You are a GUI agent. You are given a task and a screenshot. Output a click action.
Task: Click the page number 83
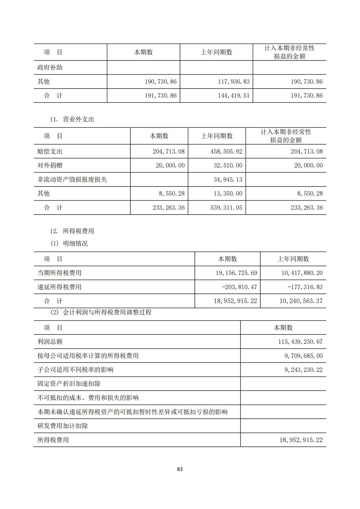click(x=180, y=469)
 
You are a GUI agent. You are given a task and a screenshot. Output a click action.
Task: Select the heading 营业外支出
click(x=78, y=120)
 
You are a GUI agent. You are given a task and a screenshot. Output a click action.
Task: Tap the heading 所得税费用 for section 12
click(x=78, y=231)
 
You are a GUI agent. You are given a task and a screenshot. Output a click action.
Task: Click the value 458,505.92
click(x=226, y=152)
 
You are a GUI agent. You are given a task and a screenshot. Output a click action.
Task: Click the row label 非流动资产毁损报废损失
click(x=72, y=180)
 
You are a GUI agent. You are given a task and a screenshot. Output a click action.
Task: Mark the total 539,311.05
click(x=226, y=208)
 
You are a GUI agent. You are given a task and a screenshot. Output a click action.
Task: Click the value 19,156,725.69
click(x=237, y=273)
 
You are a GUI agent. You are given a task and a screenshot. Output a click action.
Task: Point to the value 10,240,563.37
click(x=301, y=301)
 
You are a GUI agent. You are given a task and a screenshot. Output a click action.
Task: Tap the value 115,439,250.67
click(x=300, y=342)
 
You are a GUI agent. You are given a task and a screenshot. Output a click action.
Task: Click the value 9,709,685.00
click(x=303, y=356)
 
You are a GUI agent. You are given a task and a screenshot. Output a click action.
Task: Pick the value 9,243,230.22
click(x=303, y=370)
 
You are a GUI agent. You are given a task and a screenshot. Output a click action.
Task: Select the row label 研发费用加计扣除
click(x=63, y=426)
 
